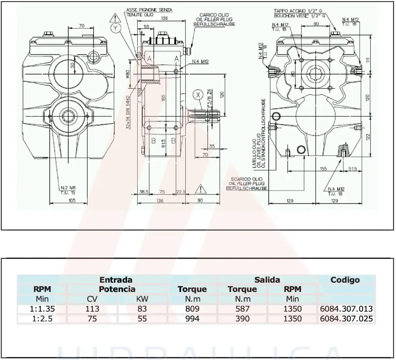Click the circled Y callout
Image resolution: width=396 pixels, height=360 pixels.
115,28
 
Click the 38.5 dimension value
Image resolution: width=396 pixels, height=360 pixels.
143,192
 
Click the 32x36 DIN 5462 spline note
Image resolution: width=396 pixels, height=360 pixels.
128,113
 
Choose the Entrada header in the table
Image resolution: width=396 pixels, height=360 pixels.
116,280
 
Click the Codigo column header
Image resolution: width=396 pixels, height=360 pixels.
345,280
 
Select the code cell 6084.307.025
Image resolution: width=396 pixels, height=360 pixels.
346,319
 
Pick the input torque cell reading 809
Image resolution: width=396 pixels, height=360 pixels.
192,309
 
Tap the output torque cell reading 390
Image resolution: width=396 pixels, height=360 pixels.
242,319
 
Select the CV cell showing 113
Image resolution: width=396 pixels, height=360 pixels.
92,309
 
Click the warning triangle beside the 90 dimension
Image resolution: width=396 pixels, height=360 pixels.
200,189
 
